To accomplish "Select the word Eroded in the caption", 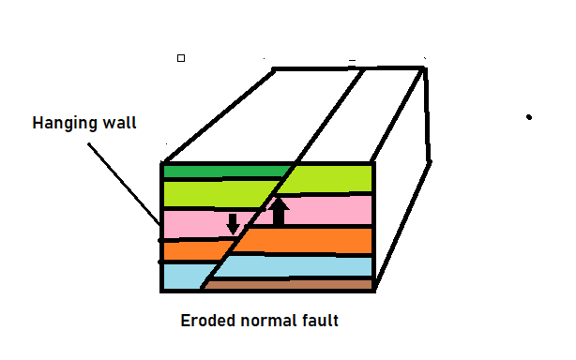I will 205,321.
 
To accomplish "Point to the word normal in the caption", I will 265,321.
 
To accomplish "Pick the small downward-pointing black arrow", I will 233,224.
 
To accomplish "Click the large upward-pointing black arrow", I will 279,210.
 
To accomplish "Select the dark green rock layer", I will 225,172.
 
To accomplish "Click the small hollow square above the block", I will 181,58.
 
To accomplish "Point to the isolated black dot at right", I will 529,117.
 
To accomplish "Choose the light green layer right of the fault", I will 328,178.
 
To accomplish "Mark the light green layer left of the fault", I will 216,193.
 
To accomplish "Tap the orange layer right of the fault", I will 310,240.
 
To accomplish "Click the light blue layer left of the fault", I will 183,276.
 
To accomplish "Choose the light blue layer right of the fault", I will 300,266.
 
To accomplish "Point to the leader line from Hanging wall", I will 127,178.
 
